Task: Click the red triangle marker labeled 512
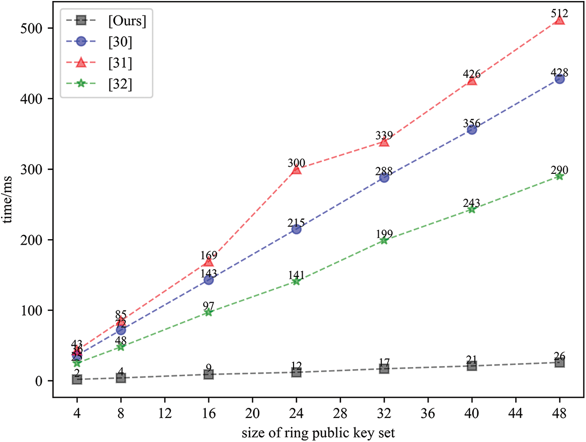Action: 559,20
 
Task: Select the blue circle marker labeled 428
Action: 559,79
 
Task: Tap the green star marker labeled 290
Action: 559,176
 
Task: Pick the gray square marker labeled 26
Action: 559,362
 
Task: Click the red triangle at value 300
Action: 296,170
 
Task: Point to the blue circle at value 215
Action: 296,229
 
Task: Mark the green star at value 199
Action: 384,240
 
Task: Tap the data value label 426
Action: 472,74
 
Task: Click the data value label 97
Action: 208,306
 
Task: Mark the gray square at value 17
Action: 384,369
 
